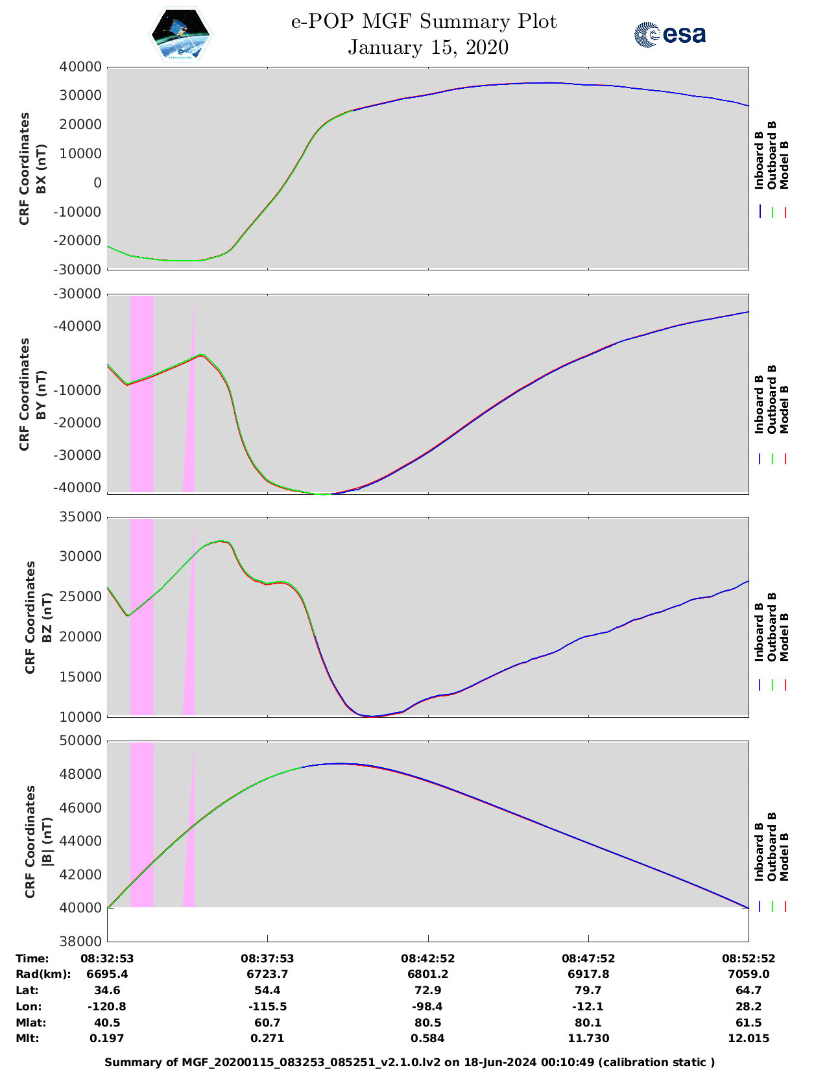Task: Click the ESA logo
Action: click(x=669, y=34)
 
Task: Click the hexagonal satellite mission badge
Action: click(x=181, y=35)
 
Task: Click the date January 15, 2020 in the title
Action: click(x=428, y=47)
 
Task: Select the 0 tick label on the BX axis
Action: click(x=97, y=183)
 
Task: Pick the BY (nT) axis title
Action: click(x=41, y=394)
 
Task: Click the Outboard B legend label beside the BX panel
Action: click(x=771, y=156)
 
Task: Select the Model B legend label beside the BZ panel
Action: click(x=784, y=637)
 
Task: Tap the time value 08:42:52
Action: click(x=427, y=958)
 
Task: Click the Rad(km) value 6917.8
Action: click(x=588, y=974)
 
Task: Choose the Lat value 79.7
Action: click(x=588, y=990)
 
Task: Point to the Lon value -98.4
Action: click(x=427, y=1006)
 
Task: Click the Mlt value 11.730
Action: click(x=588, y=1038)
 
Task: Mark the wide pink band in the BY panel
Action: click(x=142, y=394)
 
